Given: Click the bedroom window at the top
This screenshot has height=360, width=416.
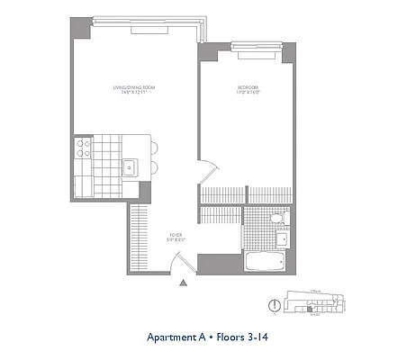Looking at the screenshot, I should pyautogui.click(x=255, y=42).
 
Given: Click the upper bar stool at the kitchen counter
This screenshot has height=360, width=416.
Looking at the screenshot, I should pyautogui.click(x=153, y=148).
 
